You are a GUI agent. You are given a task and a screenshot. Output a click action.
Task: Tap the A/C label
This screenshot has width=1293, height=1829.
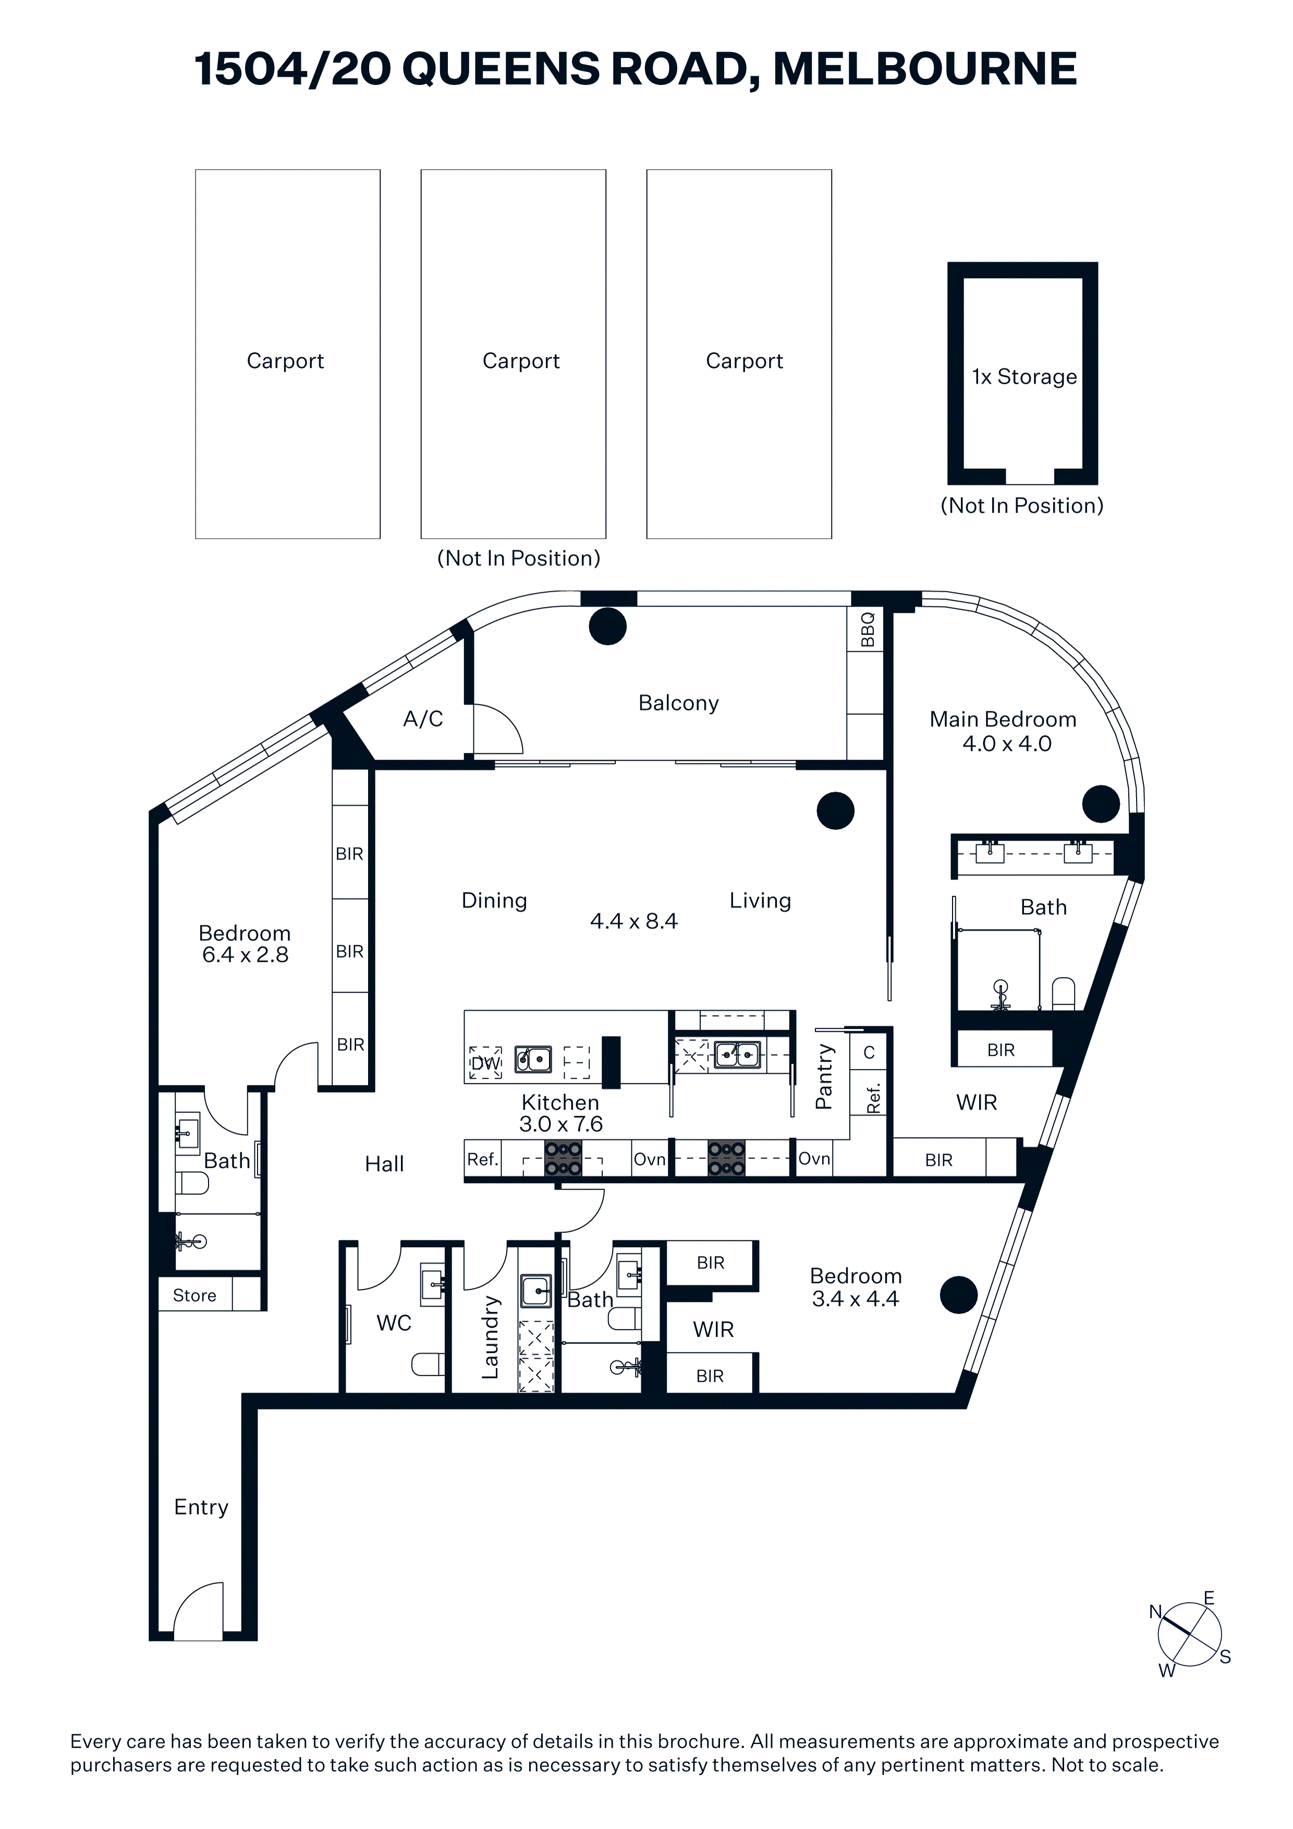423,720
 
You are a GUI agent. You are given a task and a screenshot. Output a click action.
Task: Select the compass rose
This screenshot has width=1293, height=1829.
1189,1635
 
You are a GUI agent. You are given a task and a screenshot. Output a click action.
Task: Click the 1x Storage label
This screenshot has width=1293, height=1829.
1024,377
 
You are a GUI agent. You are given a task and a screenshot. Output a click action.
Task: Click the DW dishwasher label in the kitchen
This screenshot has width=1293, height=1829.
485,1064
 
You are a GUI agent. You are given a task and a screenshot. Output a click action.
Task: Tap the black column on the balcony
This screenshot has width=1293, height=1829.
608,626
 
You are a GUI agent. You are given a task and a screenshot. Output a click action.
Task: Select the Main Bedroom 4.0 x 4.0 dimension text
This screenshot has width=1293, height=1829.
1007,744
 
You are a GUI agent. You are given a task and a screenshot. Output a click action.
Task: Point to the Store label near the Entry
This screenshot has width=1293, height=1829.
194,1296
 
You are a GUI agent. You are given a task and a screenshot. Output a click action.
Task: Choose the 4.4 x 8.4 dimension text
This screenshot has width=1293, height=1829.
634,922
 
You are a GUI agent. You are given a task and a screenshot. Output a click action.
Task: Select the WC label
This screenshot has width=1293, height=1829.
394,1323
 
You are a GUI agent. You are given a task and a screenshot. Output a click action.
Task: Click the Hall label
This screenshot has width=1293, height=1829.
385,1165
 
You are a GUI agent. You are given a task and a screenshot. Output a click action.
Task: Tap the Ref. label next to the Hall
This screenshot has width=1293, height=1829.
482,1159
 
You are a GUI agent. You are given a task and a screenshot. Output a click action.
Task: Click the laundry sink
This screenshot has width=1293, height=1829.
536,1290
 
